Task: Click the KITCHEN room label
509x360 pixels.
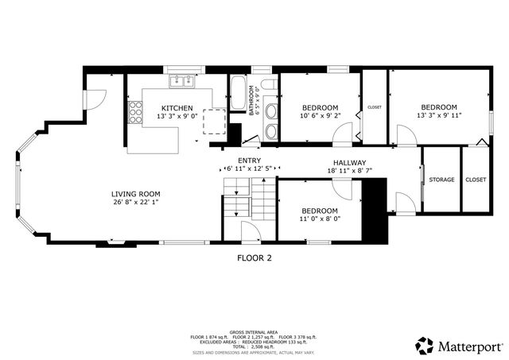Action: (x=175, y=108)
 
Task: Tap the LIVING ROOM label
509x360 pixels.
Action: (x=136, y=193)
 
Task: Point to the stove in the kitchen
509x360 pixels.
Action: (x=136, y=113)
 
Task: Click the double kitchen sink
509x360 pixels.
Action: (x=182, y=80)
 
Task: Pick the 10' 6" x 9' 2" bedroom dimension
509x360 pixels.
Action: (x=320, y=116)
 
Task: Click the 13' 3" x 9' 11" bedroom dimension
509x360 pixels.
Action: (x=439, y=116)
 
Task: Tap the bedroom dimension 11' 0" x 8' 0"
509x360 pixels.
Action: (x=320, y=219)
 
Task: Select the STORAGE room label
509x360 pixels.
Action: (x=441, y=180)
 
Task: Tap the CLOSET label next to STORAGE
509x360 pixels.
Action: (x=476, y=180)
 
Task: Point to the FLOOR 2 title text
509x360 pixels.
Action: (x=254, y=257)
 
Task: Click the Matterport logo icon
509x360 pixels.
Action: (x=425, y=346)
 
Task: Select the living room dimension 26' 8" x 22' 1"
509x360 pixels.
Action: (x=136, y=203)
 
